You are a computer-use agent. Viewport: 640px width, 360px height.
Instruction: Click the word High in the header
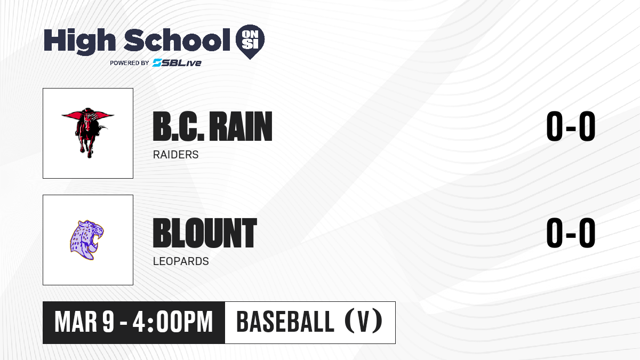pos(79,42)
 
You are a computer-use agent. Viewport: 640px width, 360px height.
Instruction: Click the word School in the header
pos(177,40)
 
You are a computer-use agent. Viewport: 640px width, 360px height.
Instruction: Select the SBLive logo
pos(177,62)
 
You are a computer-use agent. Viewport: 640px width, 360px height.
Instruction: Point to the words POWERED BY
pos(130,63)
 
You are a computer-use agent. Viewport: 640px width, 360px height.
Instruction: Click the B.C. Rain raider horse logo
pos(88,133)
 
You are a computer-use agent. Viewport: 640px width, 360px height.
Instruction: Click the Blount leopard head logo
pos(87,240)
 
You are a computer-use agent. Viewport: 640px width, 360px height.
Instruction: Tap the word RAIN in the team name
pos(241,126)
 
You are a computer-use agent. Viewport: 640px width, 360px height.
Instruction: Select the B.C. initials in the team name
pos(179,126)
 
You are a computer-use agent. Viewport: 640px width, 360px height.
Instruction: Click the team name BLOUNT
pos(205,233)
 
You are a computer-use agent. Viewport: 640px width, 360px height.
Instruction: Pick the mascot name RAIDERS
pos(175,155)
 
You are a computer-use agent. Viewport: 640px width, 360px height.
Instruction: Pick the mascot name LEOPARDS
pos(181,261)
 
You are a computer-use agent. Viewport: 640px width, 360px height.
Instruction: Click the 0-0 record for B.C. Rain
pos(571,126)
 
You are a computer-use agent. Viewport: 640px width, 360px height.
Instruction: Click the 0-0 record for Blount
pos(571,233)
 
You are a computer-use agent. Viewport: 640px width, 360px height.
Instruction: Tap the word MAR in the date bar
pos(76,322)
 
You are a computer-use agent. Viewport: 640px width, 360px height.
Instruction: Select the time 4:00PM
pos(173,322)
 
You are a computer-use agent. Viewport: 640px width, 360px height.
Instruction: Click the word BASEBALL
pos(285,322)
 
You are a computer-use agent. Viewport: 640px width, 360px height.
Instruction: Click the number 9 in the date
pos(108,322)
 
